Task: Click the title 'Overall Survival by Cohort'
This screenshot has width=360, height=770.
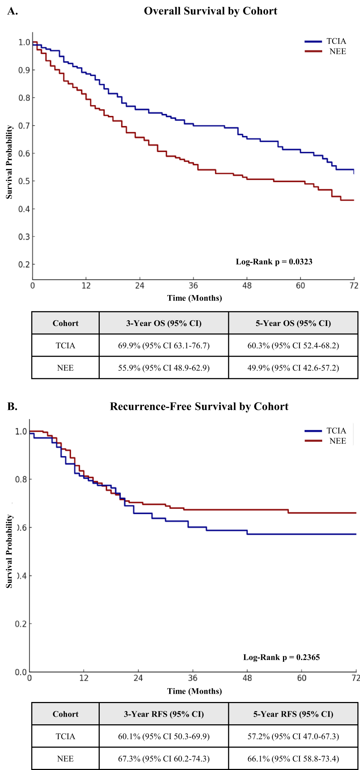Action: (x=211, y=11)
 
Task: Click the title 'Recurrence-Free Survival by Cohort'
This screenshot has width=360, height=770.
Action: (x=199, y=407)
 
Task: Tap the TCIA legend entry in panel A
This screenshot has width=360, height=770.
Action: (x=325, y=41)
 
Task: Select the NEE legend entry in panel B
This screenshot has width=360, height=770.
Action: (x=325, y=441)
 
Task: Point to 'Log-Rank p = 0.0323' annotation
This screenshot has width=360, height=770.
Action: (x=274, y=262)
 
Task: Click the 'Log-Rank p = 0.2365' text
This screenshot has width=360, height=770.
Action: (x=282, y=657)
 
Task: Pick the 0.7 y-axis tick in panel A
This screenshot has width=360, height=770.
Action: (x=24, y=126)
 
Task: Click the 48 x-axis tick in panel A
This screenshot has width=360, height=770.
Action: (x=247, y=286)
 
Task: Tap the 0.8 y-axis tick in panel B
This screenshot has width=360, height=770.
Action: (x=21, y=480)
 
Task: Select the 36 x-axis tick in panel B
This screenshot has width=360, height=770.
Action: (x=193, y=678)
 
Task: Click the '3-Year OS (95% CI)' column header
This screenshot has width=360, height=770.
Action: (x=164, y=323)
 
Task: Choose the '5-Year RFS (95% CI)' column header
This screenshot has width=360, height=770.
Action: (x=293, y=714)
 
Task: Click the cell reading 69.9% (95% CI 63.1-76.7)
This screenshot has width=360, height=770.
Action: (x=164, y=346)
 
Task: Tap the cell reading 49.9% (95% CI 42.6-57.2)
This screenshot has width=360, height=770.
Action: (x=293, y=368)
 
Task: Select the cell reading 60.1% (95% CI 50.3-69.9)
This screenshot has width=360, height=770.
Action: (x=164, y=737)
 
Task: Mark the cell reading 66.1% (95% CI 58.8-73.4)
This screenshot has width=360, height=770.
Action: (x=293, y=759)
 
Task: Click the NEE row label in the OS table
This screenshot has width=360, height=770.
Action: (x=65, y=368)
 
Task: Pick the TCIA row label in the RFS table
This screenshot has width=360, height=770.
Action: (x=65, y=737)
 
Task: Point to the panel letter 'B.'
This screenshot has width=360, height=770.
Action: (x=13, y=407)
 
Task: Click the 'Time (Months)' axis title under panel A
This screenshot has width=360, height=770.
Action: (x=194, y=298)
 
